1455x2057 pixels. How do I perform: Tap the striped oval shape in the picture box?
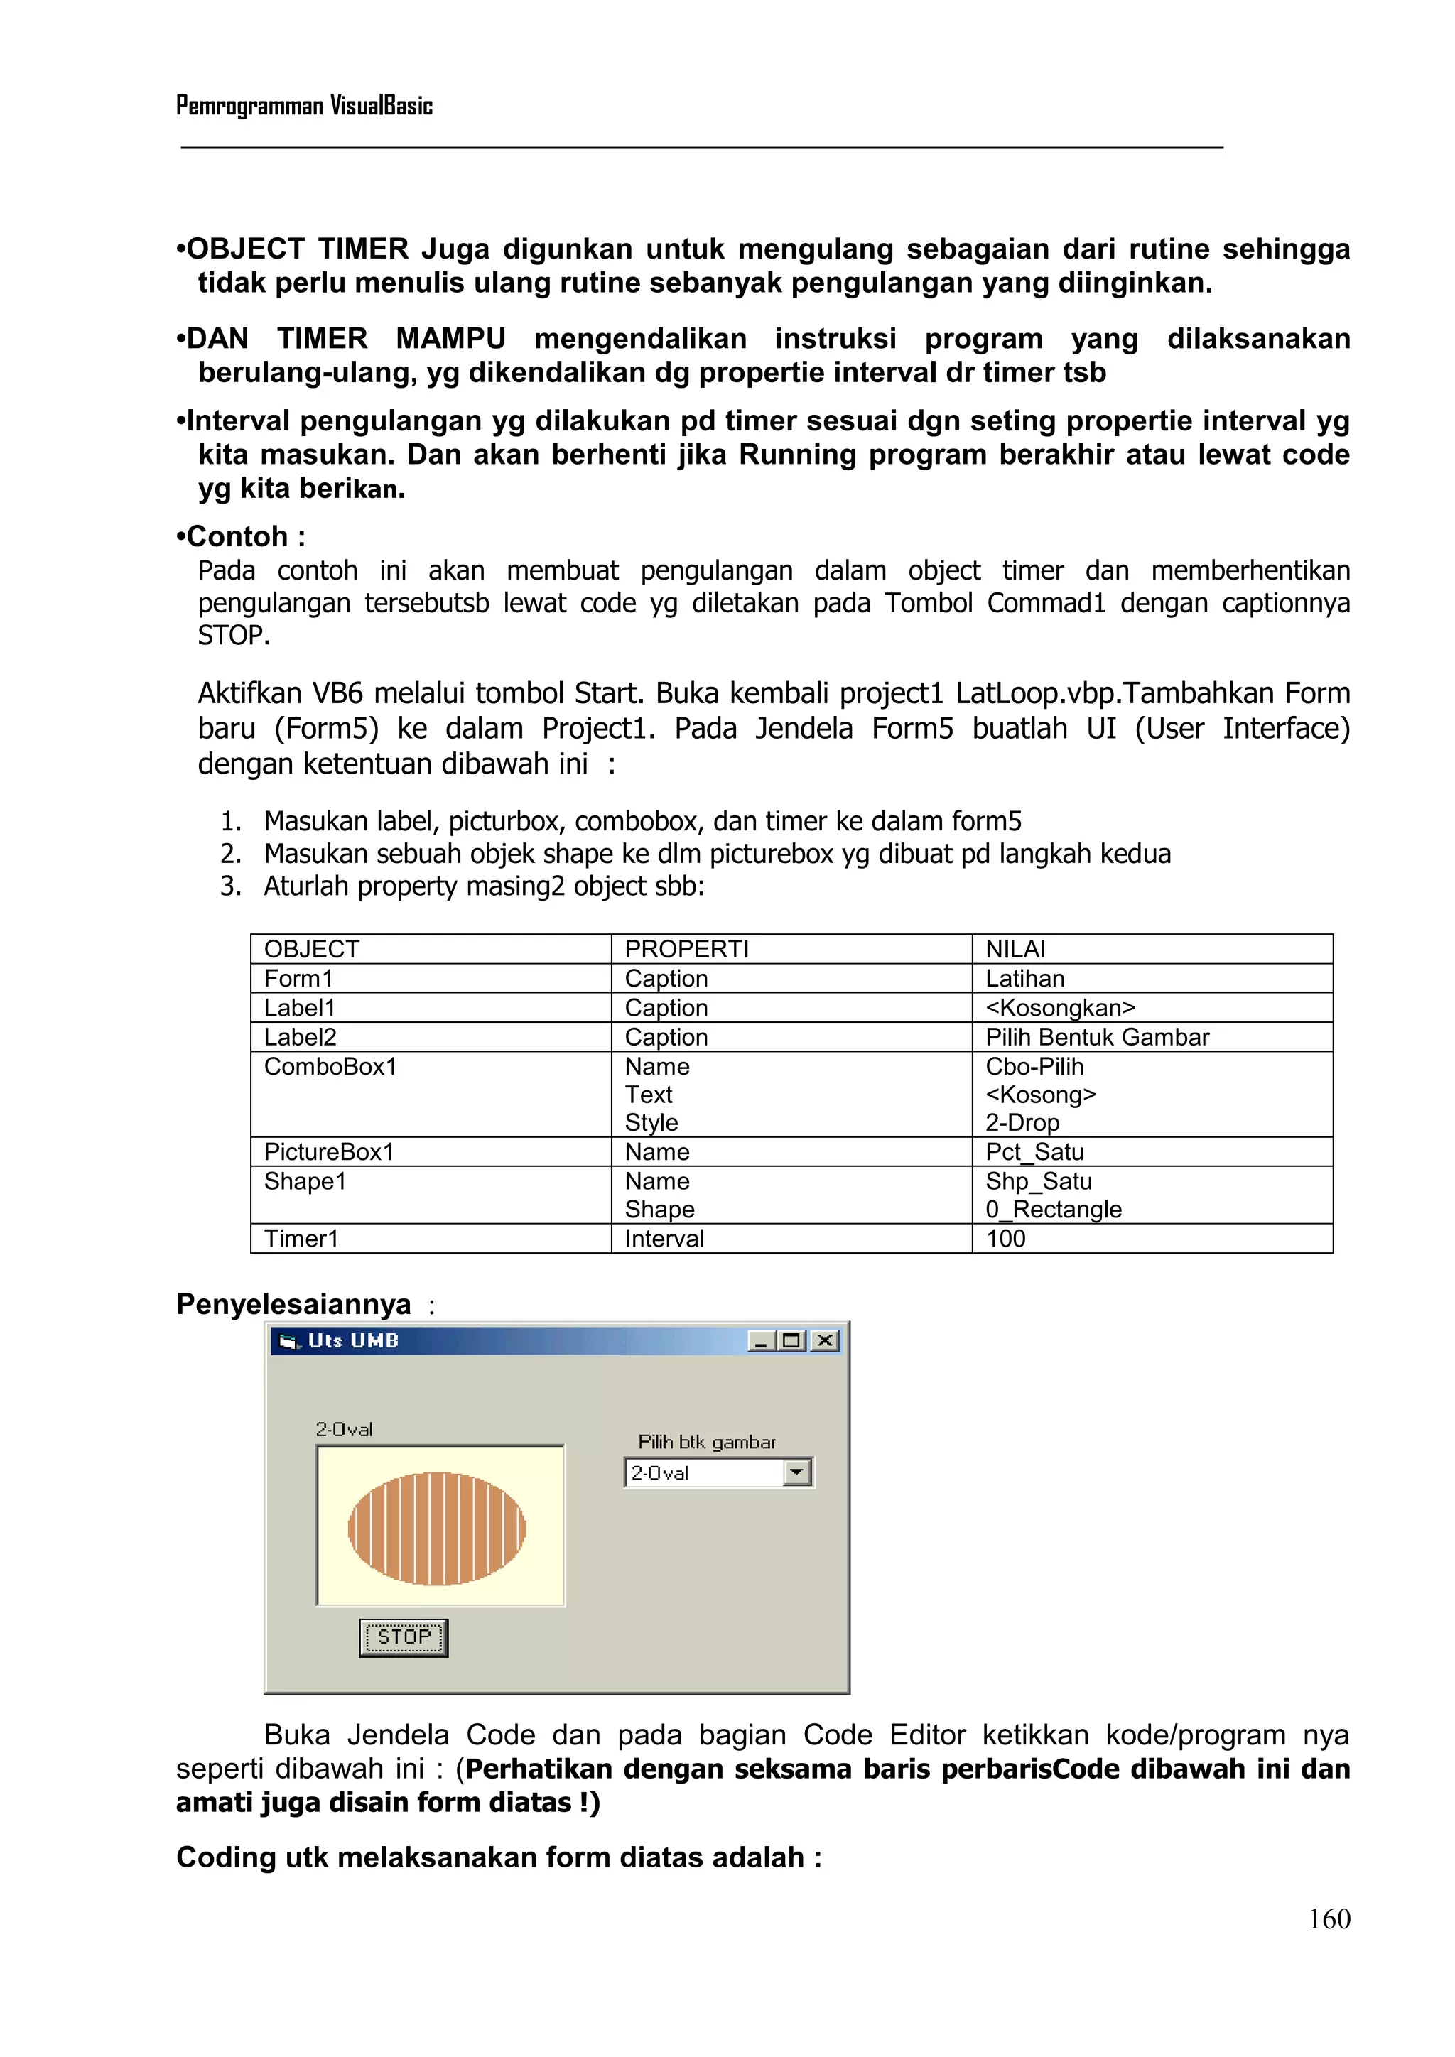click(x=436, y=1529)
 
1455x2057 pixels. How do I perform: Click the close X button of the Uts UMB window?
click(x=825, y=1340)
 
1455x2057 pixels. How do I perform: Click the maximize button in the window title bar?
click(x=792, y=1340)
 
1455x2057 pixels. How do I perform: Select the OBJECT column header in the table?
click(x=312, y=949)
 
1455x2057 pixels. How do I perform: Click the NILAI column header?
click(x=1015, y=949)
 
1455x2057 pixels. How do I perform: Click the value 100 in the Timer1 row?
click(x=1005, y=1238)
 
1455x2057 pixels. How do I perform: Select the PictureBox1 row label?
click(x=329, y=1151)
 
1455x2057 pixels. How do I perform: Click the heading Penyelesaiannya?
click(x=293, y=1303)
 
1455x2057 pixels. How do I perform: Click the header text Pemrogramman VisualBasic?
click(x=304, y=106)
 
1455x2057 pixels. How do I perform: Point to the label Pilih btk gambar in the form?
click(x=706, y=1441)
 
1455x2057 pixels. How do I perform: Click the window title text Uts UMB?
click(x=353, y=1340)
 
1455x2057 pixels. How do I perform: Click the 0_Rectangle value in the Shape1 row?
click(x=1053, y=1210)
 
